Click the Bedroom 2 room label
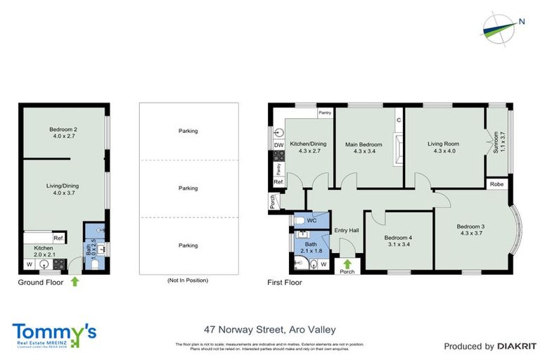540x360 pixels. (x=63, y=129)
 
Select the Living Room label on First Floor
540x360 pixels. (x=443, y=145)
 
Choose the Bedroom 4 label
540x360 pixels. (x=398, y=238)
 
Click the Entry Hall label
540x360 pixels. (x=347, y=231)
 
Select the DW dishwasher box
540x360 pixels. (x=278, y=146)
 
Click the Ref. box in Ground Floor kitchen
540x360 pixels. (x=58, y=238)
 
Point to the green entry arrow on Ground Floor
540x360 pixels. (x=75, y=282)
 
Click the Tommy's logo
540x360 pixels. (x=54, y=334)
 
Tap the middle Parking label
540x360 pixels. (x=188, y=188)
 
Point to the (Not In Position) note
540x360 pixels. (x=188, y=281)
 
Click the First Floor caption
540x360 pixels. (x=285, y=283)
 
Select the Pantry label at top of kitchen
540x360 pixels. (x=325, y=112)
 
